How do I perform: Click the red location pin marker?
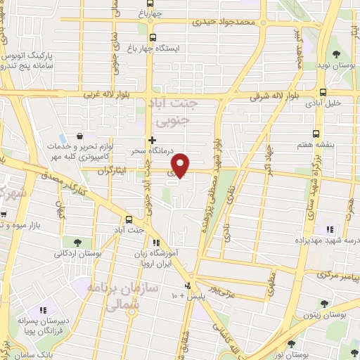181,165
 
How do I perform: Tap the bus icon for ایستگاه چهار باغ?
154,39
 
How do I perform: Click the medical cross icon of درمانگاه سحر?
152,140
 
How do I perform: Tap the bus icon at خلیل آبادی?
323,92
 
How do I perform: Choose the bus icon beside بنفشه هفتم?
316,132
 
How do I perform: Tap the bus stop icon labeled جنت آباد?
129,219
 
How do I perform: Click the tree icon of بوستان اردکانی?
86,243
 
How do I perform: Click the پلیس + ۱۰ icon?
187,286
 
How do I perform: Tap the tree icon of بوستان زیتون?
324,304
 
